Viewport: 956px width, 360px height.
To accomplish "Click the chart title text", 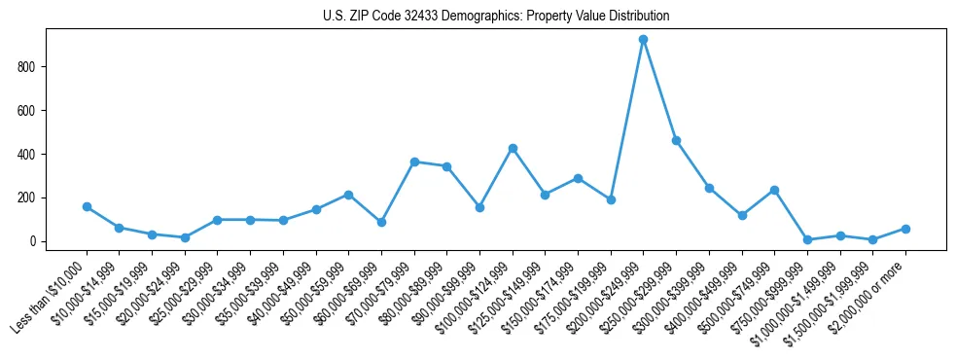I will pyautogui.click(x=495, y=17).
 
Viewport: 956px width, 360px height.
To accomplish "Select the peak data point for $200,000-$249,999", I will pyautogui.click(x=643, y=40).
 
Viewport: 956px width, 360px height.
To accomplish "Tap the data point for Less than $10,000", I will pyautogui.click(x=87, y=206).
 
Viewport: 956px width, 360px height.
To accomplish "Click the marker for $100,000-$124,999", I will pyautogui.click(x=513, y=148).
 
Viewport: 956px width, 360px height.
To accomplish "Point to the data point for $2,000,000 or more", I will pyautogui.click(x=905, y=229).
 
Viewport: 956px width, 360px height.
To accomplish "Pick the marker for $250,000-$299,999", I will pyautogui.click(x=676, y=140).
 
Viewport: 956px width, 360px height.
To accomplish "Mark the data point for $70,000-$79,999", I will pyautogui.click(x=414, y=162).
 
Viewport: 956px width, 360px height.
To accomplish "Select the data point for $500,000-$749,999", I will pyautogui.click(x=774, y=190).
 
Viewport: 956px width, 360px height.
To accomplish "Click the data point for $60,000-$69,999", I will pyautogui.click(x=381, y=222).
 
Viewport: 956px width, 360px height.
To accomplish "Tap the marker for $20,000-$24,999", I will pyautogui.click(x=185, y=237).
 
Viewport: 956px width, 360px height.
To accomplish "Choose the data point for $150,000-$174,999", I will pyautogui.click(x=578, y=178).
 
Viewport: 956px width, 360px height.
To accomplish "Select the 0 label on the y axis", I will pyautogui.click(x=37, y=241).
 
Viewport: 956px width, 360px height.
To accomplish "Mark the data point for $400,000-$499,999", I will pyautogui.click(x=742, y=215).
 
